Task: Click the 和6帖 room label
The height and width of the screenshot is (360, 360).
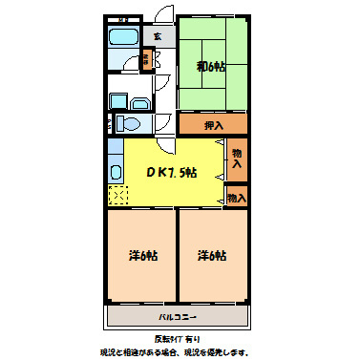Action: (211, 66)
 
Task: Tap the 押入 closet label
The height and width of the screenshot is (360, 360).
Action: (214, 124)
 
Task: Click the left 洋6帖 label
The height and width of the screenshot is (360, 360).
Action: (143, 256)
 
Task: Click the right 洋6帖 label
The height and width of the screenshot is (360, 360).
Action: (212, 256)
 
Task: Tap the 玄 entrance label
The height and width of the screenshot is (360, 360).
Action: (159, 36)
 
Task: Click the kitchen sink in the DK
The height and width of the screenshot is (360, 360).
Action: (115, 172)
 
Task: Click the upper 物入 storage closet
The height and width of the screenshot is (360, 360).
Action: (237, 159)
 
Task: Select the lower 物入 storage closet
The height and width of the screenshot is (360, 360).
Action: (237, 198)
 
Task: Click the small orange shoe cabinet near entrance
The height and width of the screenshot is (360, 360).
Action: (146, 59)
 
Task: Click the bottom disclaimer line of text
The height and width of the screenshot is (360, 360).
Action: (179, 351)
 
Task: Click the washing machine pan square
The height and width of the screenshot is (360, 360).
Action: (117, 100)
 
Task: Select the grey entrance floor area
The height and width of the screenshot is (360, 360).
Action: (159, 36)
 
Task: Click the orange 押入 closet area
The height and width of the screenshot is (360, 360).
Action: (213, 124)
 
